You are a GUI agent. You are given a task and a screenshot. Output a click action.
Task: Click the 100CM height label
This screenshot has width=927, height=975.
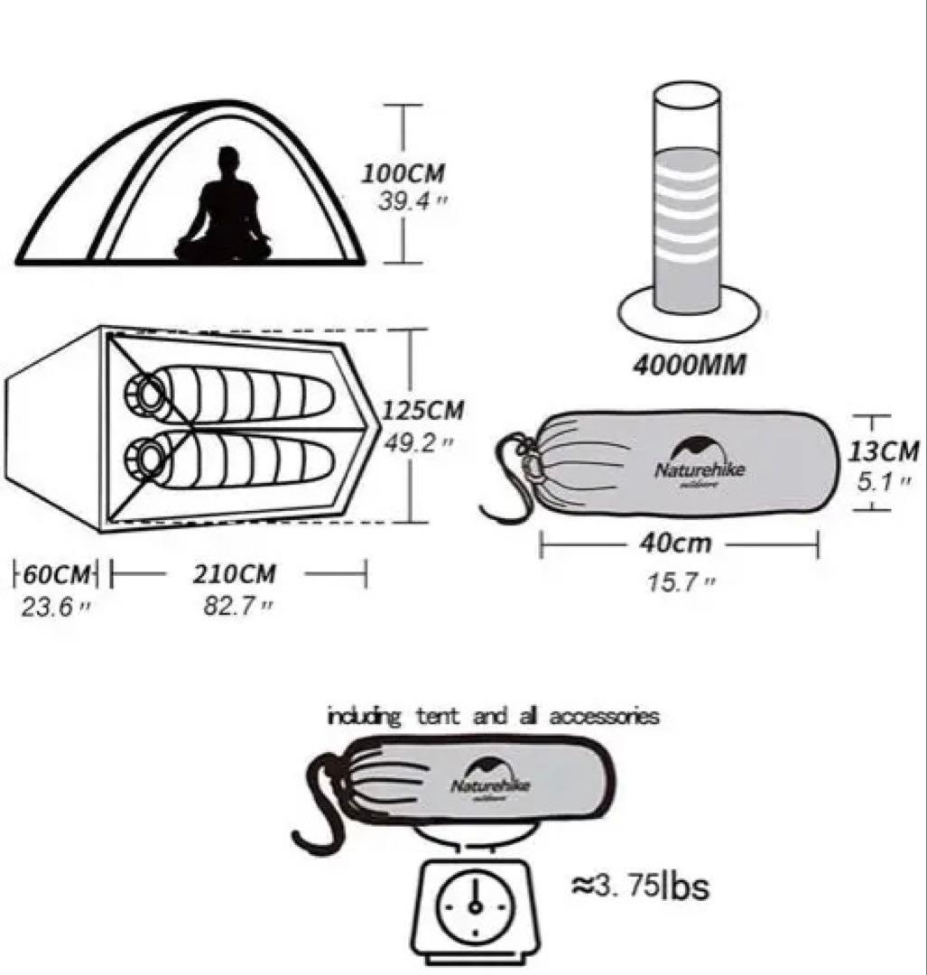pyautogui.click(x=403, y=172)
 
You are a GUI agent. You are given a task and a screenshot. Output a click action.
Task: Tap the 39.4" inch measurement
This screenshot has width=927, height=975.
pyautogui.click(x=405, y=200)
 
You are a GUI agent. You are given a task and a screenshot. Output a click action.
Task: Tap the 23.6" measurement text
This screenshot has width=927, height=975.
pyautogui.click(x=55, y=606)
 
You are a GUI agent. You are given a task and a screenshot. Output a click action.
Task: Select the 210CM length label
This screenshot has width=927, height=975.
pyautogui.click(x=234, y=574)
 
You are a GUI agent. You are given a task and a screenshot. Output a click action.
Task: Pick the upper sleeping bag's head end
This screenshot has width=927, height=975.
pyautogui.click(x=147, y=392)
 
